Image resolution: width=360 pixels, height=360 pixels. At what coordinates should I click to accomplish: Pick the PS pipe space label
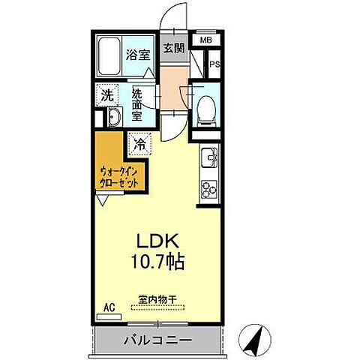tap(214, 64)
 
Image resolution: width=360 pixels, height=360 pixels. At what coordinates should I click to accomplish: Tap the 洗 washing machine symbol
tap(107, 96)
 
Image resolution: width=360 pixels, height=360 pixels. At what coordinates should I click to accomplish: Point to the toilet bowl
tap(205, 109)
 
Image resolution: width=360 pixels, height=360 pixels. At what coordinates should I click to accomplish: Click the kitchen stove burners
tap(207, 189)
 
